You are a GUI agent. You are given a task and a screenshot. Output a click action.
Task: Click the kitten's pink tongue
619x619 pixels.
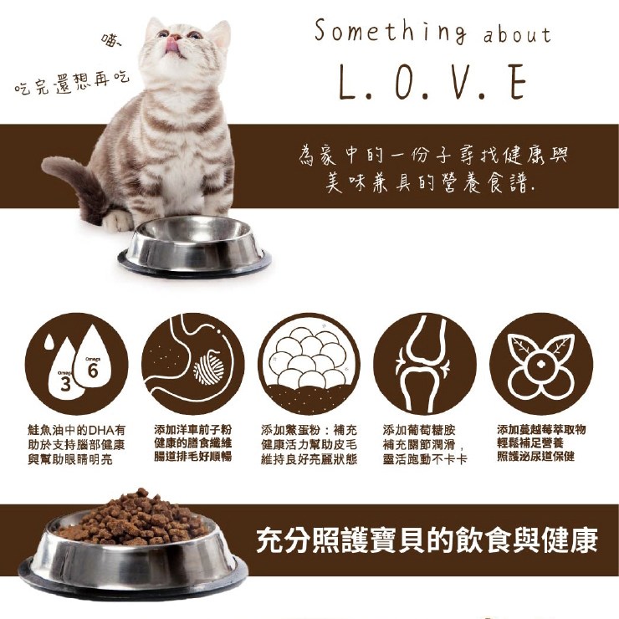coord(171,45)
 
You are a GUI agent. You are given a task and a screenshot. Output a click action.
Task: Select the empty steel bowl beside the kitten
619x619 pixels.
coord(195,246)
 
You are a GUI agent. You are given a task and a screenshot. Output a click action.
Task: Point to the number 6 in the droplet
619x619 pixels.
coord(93,371)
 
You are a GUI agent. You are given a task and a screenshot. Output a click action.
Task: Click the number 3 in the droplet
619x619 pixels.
coord(65,385)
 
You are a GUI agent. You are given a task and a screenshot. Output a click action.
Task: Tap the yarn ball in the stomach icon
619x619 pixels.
coord(209,368)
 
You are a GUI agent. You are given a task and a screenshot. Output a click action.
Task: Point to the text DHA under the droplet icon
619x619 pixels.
coord(102,429)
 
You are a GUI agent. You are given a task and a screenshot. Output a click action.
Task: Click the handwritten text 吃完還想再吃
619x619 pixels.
coord(72,84)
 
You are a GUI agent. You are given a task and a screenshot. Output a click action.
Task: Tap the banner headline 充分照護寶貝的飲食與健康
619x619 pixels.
coord(427,540)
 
